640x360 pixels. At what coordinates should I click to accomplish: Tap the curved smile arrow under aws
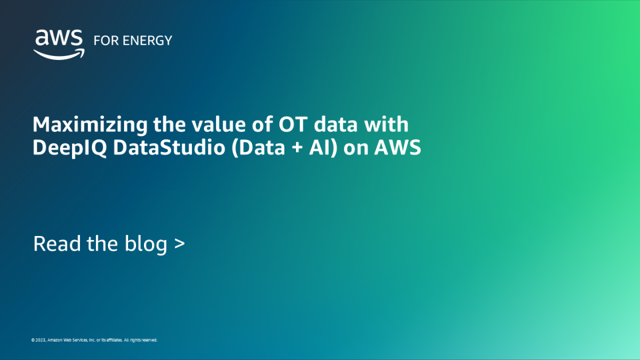coord(59,54)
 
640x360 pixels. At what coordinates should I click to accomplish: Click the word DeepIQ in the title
coord(63,148)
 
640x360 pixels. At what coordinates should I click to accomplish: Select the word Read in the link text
coord(53,244)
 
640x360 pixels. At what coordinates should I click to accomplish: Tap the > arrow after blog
coord(179,245)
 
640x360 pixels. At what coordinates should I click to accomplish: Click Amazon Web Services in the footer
coord(67,340)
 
